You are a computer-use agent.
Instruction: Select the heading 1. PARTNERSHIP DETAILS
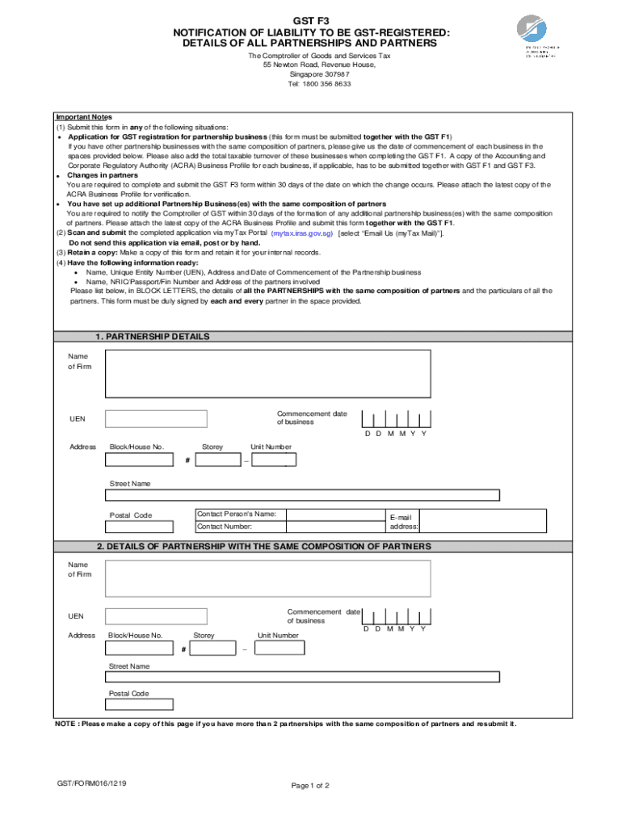coord(152,336)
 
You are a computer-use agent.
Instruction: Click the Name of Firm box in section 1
coord(267,373)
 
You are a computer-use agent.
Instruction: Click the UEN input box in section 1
coord(156,418)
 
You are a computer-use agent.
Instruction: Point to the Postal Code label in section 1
coord(130,515)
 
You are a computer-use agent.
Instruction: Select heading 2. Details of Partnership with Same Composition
coord(264,547)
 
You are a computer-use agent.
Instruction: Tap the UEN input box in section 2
coord(156,616)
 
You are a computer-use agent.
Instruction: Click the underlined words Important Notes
coord(83,117)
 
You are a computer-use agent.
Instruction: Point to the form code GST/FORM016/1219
coord(90,783)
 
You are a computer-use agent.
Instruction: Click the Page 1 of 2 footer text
coord(310,785)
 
